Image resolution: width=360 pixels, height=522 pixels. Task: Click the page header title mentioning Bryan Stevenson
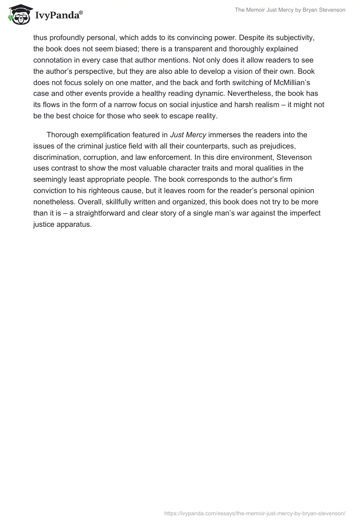290,10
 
